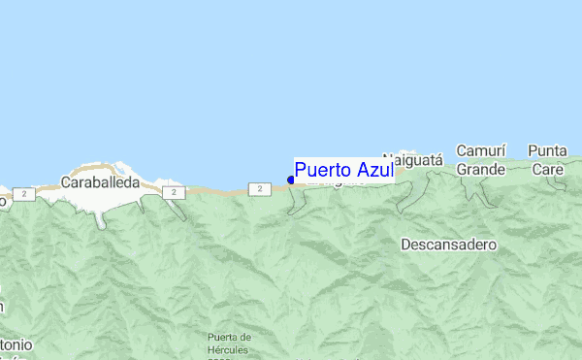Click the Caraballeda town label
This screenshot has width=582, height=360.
[100, 181]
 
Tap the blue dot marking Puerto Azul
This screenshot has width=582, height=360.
[291, 180]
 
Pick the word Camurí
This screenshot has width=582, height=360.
[481, 151]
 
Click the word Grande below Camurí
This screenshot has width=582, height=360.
[481, 169]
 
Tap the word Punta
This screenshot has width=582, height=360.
[547, 151]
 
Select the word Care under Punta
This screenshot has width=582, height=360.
[547, 169]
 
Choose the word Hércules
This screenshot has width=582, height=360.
[229, 349]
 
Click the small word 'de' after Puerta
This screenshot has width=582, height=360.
[246, 338]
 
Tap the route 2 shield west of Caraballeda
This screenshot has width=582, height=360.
[25, 194]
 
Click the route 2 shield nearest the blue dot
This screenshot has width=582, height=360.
[258, 188]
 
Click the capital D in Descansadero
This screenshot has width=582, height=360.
[405, 245]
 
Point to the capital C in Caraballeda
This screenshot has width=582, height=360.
[65, 181]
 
